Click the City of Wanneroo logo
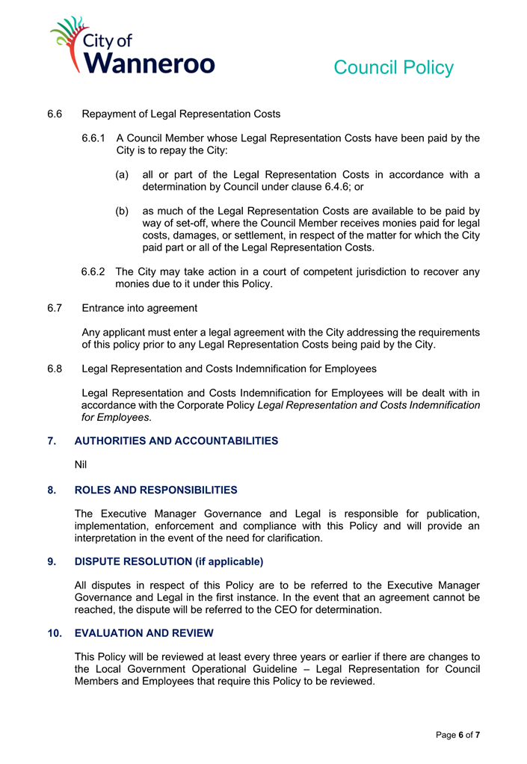pyautogui.click(x=132, y=46)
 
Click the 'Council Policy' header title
pyautogui.click(x=393, y=67)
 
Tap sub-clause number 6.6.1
pyautogui.click(x=95, y=138)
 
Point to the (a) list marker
pyautogui.click(x=121, y=175)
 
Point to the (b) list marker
pyautogui.click(x=121, y=211)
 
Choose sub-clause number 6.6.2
pyautogui.click(x=94, y=272)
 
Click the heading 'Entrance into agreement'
pyautogui.click(x=140, y=308)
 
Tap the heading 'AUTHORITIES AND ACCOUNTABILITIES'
pyautogui.click(x=176, y=441)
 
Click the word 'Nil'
pyautogui.click(x=81, y=465)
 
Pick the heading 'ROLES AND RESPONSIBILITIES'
pyautogui.click(x=155, y=490)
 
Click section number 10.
pyautogui.click(x=55, y=633)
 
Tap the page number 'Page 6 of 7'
pyautogui.click(x=457, y=736)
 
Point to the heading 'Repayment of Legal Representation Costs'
pyautogui.click(x=181, y=114)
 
